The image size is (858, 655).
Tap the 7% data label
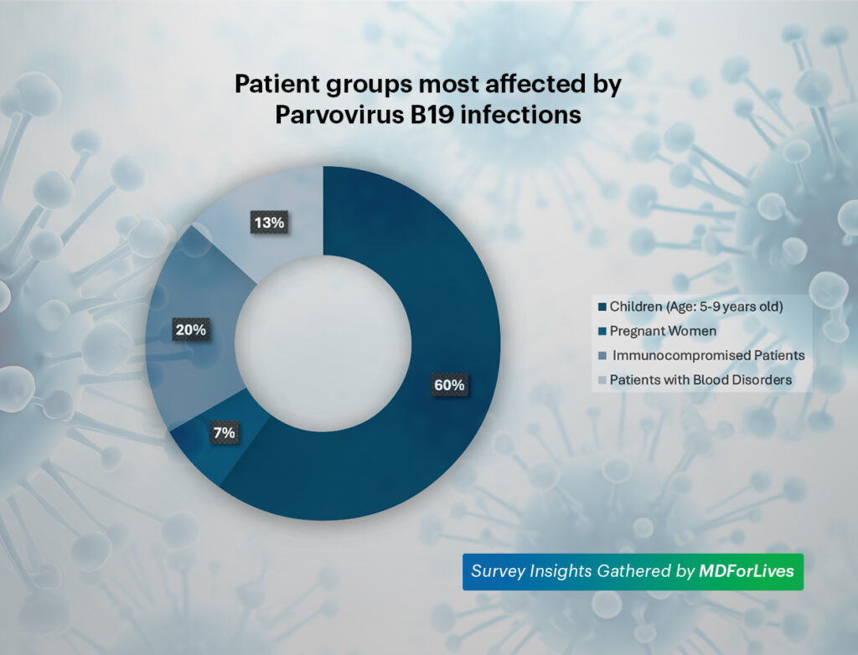[224, 433]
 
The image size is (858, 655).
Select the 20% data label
[190, 330]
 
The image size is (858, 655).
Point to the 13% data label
[269, 224]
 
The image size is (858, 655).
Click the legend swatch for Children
[602, 307]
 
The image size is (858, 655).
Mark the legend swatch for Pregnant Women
[602, 332]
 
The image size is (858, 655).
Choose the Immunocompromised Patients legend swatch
[602, 356]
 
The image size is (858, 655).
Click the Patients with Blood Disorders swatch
[602, 380]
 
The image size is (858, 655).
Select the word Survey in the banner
[497, 571]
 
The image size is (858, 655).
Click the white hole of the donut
[323, 344]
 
